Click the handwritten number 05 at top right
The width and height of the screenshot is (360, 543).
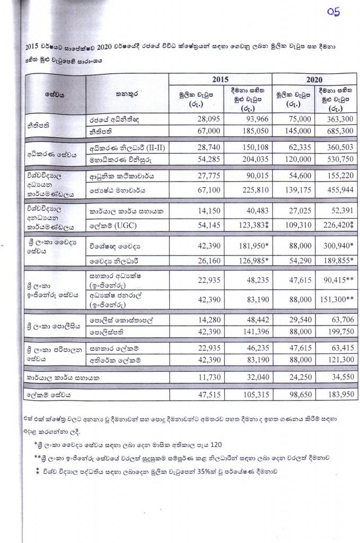pos(333,12)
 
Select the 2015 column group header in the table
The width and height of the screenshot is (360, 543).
pos(220,79)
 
